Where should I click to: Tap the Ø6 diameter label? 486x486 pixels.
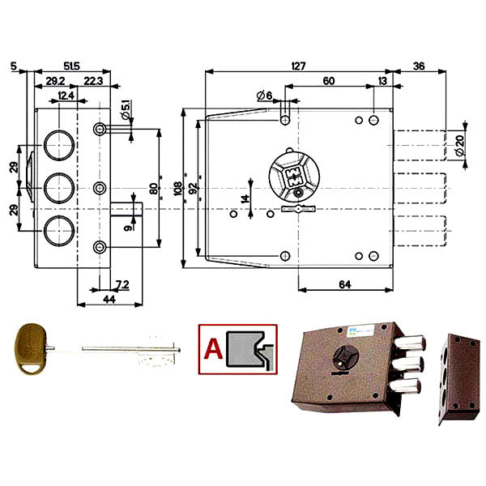click(x=263, y=96)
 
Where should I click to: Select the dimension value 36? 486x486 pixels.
click(x=420, y=66)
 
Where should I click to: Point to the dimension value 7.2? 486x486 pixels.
click(x=122, y=283)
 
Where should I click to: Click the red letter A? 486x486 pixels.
click(x=212, y=349)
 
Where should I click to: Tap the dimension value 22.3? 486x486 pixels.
click(x=92, y=81)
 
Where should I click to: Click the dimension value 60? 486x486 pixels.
click(x=328, y=81)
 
